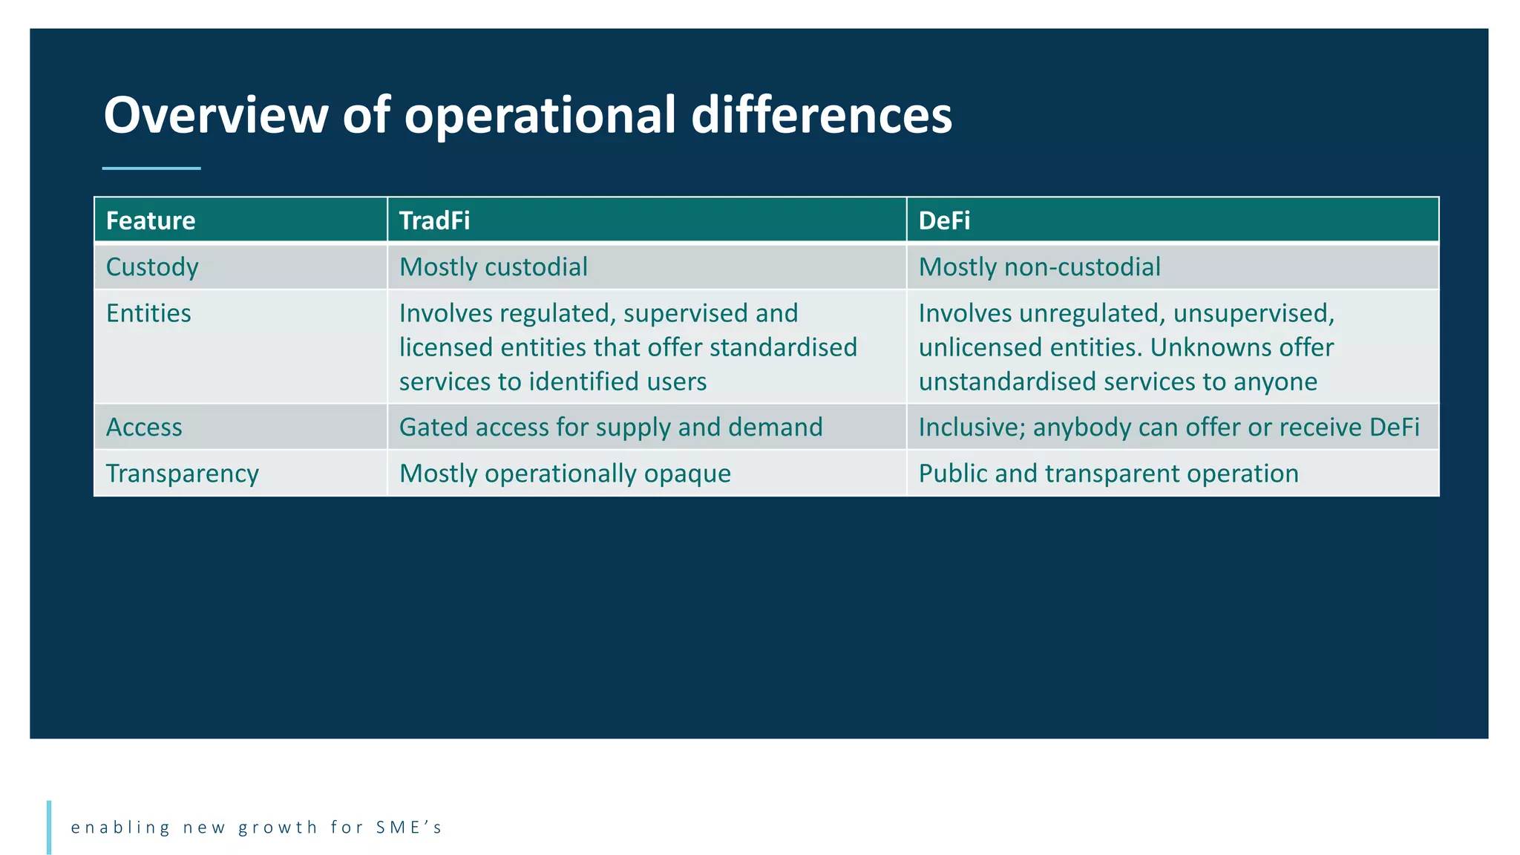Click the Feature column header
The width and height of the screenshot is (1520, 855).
click(151, 221)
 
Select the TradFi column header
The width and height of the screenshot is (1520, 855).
click(434, 221)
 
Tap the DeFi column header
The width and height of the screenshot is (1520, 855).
click(944, 221)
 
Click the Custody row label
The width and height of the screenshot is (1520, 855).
click(152, 267)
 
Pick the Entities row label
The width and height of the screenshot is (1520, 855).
click(148, 313)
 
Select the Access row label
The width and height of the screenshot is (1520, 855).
click(144, 427)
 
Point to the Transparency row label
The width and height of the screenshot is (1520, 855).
click(182, 474)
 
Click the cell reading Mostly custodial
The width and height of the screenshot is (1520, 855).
click(493, 267)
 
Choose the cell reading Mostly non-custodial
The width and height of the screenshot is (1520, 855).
click(1039, 267)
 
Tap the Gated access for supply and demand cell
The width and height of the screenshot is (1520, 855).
click(610, 427)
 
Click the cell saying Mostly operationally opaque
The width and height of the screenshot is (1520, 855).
click(565, 474)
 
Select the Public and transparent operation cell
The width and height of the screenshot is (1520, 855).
click(1108, 474)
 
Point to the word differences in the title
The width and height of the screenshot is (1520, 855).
click(821, 116)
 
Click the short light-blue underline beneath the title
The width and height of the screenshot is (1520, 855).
click(151, 168)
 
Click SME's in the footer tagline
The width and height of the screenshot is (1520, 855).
click(409, 828)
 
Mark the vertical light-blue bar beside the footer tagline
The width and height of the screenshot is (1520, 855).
click(49, 827)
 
